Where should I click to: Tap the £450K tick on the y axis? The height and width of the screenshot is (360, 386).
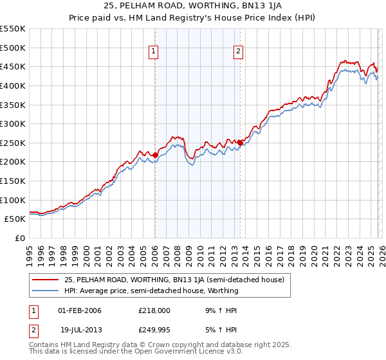(13, 67)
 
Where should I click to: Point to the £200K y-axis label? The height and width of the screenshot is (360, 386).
(13, 162)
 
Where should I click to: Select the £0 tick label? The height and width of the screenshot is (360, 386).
(20, 239)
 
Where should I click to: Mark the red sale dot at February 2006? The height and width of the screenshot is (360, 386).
(155, 155)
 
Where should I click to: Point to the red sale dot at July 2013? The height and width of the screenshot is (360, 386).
(240, 143)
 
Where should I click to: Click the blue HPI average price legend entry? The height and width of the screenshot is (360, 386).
(151, 291)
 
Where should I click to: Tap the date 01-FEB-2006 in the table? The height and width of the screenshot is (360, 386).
(79, 310)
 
